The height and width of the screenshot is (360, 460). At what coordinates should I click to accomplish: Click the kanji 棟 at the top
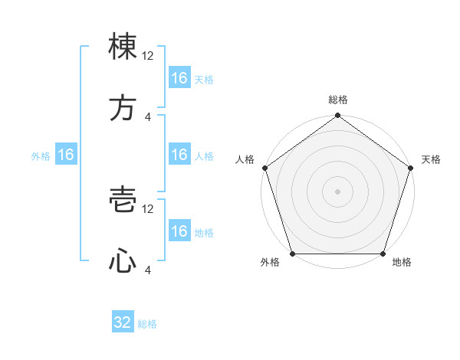click(x=123, y=47)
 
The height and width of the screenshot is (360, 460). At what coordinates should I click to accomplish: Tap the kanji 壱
click(x=123, y=201)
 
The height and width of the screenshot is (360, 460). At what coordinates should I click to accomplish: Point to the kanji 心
click(x=123, y=262)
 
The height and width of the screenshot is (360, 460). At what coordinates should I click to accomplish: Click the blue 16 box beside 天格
click(x=179, y=78)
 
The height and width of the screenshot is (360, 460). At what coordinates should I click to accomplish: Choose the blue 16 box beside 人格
click(x=179, y=155)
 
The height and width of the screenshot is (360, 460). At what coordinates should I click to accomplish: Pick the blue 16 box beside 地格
click(x=179, y=231)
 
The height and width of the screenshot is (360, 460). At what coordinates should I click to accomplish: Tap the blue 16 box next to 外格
click(x=66, y=155)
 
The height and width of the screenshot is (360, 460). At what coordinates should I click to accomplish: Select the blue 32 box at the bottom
click(x=123, y=322)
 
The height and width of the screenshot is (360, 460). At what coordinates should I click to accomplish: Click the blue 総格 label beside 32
click(x=147, y=324)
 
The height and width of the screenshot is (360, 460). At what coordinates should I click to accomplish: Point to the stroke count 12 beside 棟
click(x=148, y=55)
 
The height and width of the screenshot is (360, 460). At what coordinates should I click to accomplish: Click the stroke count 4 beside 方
click(x=148, y=116)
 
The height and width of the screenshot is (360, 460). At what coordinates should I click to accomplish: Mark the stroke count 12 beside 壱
click(x=148, y=208)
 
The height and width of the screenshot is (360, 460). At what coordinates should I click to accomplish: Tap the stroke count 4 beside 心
click(x=148, y=270)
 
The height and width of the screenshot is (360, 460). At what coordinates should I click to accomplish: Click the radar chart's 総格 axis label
click(x=338, y=100)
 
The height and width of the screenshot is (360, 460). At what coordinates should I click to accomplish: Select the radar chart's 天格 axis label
click(x=432, y=159)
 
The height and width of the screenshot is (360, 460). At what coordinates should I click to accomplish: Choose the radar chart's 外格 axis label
click(x=270, y=263)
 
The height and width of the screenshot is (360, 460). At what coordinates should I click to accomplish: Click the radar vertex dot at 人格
click(x=264, y=168)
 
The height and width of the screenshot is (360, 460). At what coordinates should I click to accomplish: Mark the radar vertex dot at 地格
click(x=383, y=254)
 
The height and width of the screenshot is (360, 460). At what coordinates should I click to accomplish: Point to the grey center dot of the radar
click(x=338, y=191)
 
